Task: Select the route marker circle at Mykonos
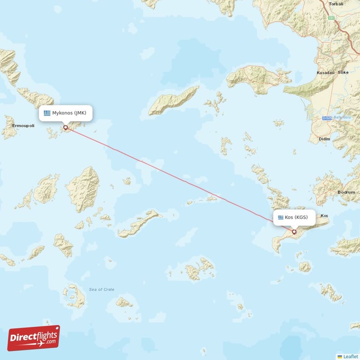[66, 127]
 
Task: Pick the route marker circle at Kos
[294, 232]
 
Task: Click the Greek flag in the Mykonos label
[47, 113]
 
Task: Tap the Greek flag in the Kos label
[281, 217]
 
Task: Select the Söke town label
[344, 72]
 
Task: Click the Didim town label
[324, 139]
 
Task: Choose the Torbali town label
[336, 4]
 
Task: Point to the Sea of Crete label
[101, 289]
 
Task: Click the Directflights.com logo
[34, 338]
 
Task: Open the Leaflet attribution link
[350, 356]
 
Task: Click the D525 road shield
[327, 118]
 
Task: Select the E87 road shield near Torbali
[332, 18]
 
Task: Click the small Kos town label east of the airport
[324, 216]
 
